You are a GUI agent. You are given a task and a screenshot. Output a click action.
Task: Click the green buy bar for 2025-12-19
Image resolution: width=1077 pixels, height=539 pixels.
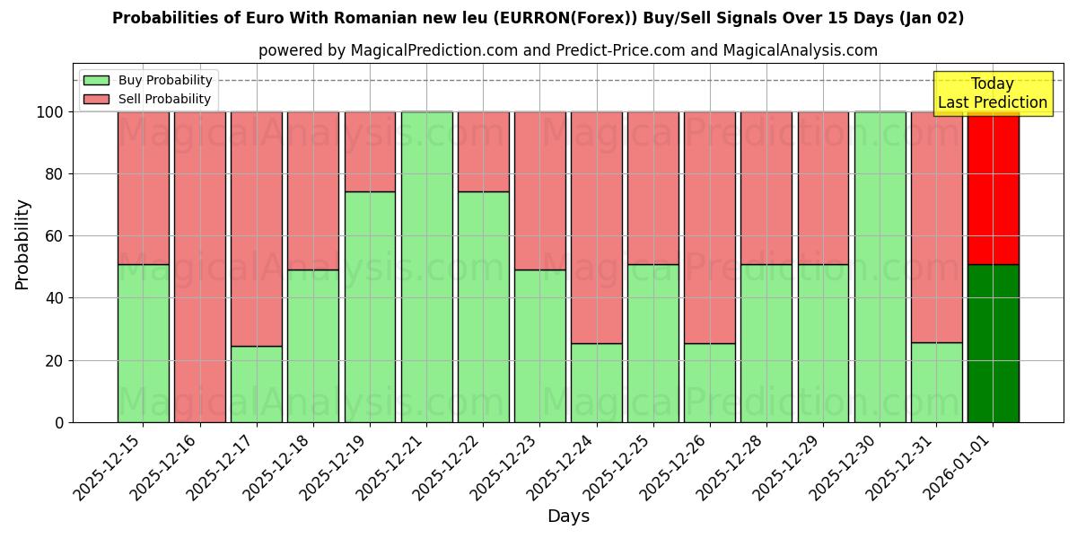(x=370, y=306)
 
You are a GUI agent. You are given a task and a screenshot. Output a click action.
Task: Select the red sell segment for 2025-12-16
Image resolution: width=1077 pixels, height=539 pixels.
(x=199, y=267)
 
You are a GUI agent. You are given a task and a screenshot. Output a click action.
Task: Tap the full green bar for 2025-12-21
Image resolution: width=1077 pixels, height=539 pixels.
(x=426, y=267)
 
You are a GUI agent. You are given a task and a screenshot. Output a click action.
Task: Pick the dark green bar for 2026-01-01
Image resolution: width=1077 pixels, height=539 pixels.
(x=993, y=343)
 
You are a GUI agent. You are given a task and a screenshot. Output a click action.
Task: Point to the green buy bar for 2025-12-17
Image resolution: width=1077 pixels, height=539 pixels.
(x=257, y=384)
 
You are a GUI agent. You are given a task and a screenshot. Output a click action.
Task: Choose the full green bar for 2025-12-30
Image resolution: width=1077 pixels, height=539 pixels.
(x=880, y=267)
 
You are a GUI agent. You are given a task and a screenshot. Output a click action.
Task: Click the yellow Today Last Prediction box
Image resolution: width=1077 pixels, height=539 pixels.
(x=993, y=93)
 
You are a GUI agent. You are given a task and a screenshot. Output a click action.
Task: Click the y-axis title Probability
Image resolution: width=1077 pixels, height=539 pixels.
(x=22, y=243)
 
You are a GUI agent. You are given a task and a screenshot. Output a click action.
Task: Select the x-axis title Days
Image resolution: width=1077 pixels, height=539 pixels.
(x=568, y=517)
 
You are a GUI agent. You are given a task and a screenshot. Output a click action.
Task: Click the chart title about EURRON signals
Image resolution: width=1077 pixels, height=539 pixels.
(x=538, y=18)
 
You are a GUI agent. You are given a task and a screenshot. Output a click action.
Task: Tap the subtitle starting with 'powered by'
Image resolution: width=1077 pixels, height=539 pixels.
(x=568, y=50)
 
